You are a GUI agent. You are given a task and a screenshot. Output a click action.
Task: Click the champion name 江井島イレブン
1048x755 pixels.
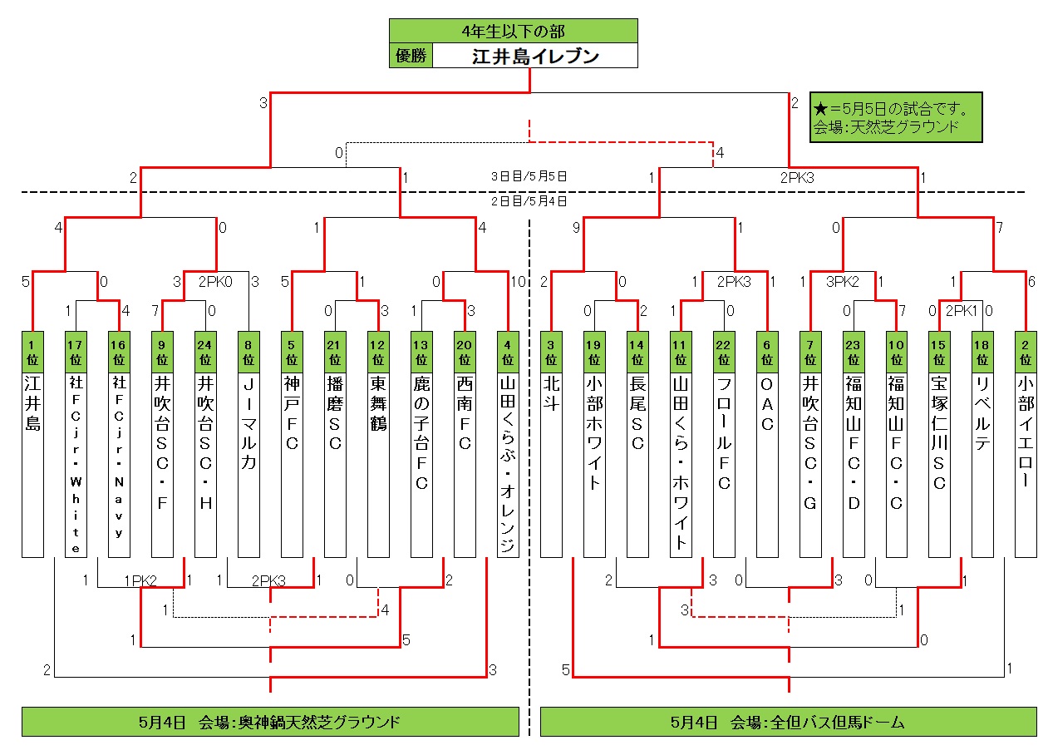(535, 57)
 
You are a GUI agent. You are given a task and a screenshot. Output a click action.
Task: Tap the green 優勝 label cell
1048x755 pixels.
(411, 56)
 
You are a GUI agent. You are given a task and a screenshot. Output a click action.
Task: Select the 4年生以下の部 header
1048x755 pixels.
(514, 31)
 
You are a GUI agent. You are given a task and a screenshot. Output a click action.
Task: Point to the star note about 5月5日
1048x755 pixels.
(896, 117)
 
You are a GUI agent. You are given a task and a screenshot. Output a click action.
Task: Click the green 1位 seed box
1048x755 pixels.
(32, 353)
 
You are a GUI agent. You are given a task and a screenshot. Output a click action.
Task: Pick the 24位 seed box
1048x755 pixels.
(205, 353)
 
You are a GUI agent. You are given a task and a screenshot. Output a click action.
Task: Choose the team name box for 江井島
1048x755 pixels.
(32, 466)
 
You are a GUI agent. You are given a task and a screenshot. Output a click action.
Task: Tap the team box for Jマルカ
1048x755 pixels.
(248, 466)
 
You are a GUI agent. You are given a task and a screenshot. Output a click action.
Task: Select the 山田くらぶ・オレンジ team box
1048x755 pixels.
(508, 466)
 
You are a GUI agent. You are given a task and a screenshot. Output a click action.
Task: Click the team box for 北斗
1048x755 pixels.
(551, 466)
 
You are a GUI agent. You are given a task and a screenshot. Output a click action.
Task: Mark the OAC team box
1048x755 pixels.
(767, 466)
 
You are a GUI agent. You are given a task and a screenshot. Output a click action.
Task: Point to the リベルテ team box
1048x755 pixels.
(982, 466)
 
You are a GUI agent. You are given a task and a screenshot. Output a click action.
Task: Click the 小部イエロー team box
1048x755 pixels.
(1026, 466)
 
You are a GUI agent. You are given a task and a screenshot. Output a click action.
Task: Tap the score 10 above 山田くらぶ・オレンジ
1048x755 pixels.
(519, 281)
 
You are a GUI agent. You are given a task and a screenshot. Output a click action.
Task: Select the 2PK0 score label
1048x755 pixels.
(215, 281)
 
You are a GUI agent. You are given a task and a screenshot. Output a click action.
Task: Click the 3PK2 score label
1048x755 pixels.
(842, 281)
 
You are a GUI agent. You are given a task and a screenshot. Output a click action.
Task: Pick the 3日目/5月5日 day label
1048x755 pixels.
(529, 176)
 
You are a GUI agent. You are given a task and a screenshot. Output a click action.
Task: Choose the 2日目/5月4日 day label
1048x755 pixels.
(529, 200)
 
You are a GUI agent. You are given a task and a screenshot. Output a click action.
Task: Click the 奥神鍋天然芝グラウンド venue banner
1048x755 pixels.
(270, 722)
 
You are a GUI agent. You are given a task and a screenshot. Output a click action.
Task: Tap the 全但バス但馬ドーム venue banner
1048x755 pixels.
(789, 722)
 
